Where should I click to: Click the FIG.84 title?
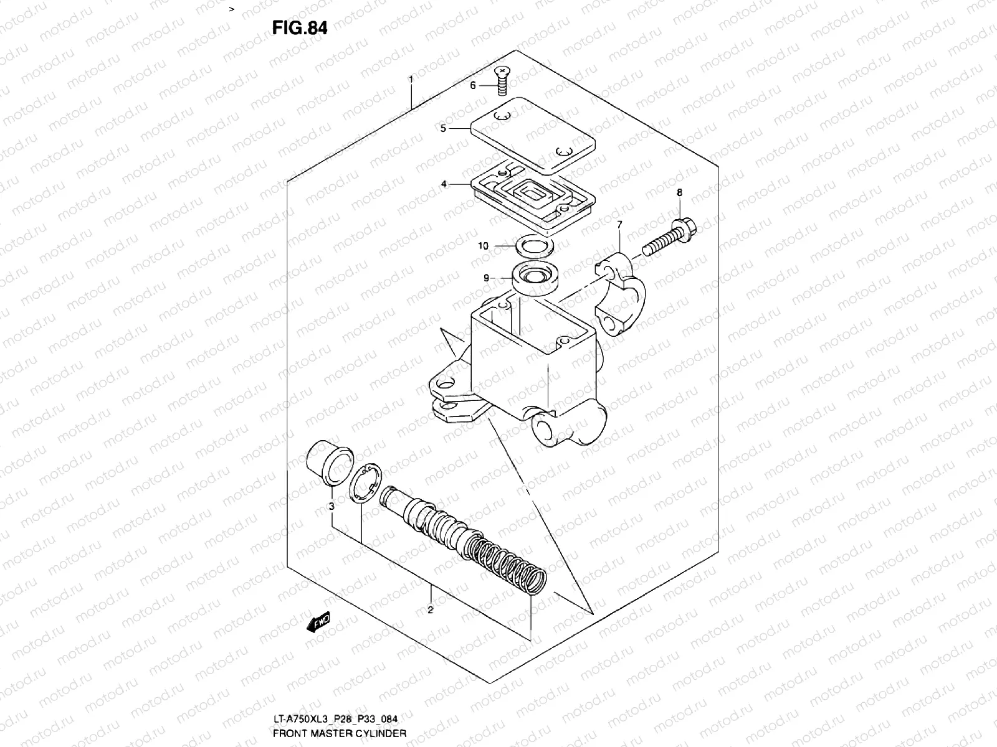tap(298, 28)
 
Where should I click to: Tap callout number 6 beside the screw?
tap(473, 85)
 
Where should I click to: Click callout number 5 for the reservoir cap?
tap(443, 128)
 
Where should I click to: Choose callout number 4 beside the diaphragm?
tap(443, 184)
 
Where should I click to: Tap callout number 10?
tap(483, 246)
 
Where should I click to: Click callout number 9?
tap(487, 278)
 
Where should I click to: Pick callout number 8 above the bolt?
tap(679, 192)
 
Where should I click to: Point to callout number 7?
tap(619, 223)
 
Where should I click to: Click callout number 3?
tap(332, 506)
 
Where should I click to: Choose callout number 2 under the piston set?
tap(430, 609)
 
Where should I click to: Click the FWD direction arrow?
tap(318, 622)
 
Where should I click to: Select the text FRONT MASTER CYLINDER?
tap(340, 733)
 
